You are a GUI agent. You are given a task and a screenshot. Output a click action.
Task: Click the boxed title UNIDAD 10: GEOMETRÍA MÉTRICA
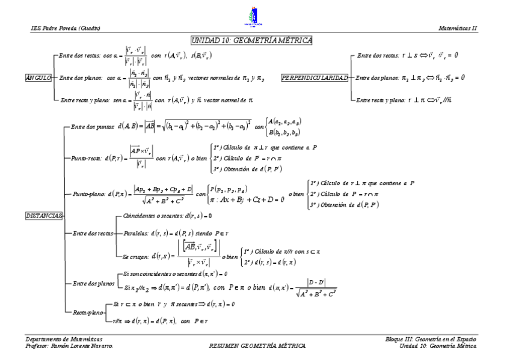tap(252, 40)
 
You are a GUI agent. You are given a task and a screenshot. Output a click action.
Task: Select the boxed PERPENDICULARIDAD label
tap(315, 78)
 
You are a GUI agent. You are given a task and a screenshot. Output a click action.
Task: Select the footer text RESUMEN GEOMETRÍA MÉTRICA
tap(257, 346)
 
